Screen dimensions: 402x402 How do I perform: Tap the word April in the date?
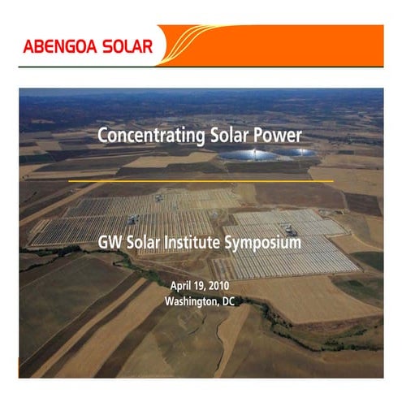(x=181, y=286)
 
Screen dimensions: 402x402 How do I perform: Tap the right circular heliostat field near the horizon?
(x=295, y=152)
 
